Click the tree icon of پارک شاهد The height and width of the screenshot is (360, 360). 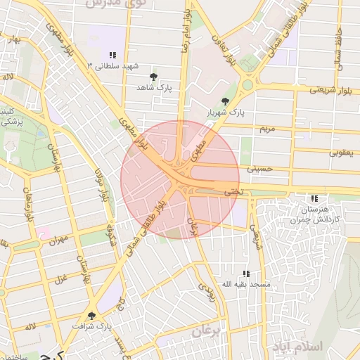click(154, 77)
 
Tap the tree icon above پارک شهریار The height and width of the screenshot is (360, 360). click(225, 101)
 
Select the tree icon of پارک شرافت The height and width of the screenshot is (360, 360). click(91, 316)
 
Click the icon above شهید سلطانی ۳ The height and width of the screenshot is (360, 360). click(112, 55)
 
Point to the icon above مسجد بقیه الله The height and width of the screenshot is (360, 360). click(245, 274)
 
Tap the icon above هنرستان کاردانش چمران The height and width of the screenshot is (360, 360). click(314, 199)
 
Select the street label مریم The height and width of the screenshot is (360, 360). click(266, 129)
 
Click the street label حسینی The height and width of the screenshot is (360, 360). click(258, 169)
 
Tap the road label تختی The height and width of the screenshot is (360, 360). click(231, 191)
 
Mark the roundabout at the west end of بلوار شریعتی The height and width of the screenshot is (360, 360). click(247, 86)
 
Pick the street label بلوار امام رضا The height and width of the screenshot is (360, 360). click(186, 30)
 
